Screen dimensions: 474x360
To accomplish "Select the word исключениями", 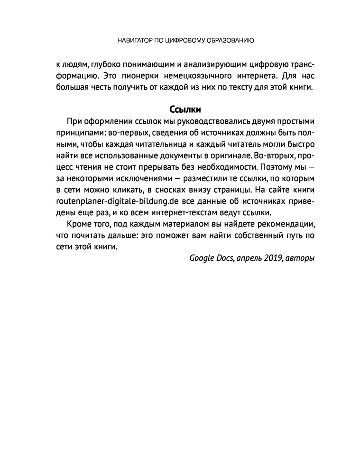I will (129, 179).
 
